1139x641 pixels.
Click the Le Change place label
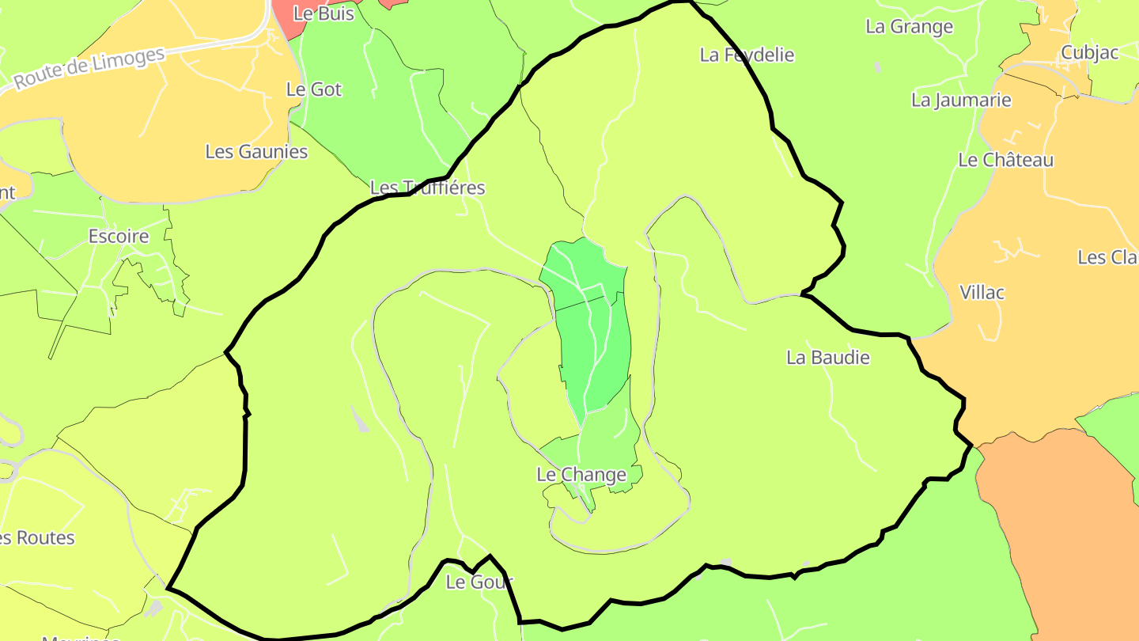click(581, 475)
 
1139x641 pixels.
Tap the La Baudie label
click(828, 358)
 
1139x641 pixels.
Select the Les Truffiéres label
click(427, 188)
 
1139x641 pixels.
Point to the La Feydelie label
click(747, 55)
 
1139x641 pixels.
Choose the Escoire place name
click(119, 236)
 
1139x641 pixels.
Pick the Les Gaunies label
click(256, 151)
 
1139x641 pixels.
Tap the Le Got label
click(314, 89)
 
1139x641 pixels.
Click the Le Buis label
click(324, 13)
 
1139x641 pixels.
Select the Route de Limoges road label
click(89, 68)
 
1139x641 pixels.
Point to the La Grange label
click(910, 27)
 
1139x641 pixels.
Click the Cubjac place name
click(1090, 53)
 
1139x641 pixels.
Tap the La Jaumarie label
click(961, 100)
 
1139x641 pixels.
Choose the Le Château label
click(1005, 160)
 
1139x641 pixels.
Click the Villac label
click(982, 293)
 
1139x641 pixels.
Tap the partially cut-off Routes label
click(36, 538)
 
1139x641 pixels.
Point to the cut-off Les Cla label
click(1107, 258)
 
